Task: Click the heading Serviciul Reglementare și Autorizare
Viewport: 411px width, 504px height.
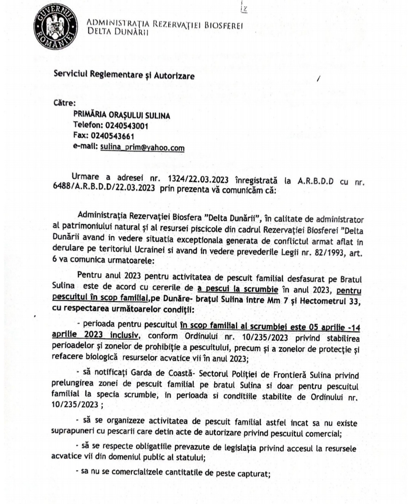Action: coord(124,75)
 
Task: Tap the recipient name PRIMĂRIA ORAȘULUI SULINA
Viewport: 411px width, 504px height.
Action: coord(121,115)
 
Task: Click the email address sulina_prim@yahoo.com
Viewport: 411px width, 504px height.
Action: coord(142,148)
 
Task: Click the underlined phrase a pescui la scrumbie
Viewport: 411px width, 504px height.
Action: coord(238,289)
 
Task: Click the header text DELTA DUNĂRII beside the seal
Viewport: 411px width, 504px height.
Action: coord(117,32)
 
